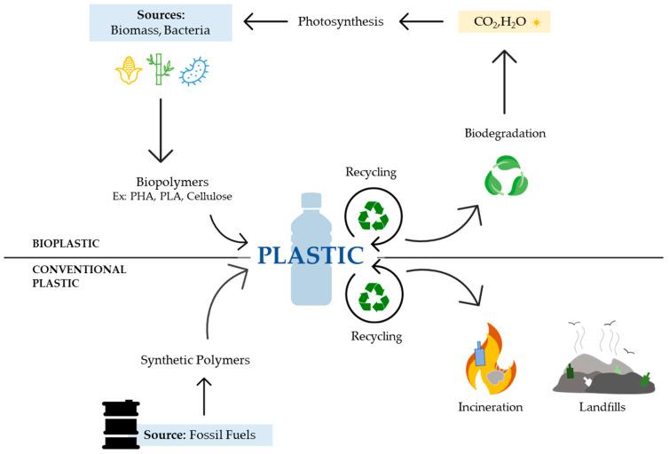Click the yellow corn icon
click(129, 70)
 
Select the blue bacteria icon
click(194, 71)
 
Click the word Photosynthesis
click(341, 21)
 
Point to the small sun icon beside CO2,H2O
click(536, 22)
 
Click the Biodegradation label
click(505, 133)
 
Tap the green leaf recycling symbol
click(507, 176)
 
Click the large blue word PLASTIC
click(311, 254)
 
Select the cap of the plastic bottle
click(311, 200)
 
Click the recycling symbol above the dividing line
click(374, 215)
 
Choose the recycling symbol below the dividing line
click(374, 297)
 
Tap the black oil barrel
click(122, 424)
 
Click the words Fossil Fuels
click(223, 434)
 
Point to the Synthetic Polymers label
click(195, 360)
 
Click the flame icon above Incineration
click(491, 359)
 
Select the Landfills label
click(602, 407)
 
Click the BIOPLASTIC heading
click(66, 244)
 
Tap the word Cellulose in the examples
click(209, 197)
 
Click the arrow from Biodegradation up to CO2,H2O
click(504, 82)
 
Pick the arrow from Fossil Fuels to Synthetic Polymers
click(204, 396)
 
